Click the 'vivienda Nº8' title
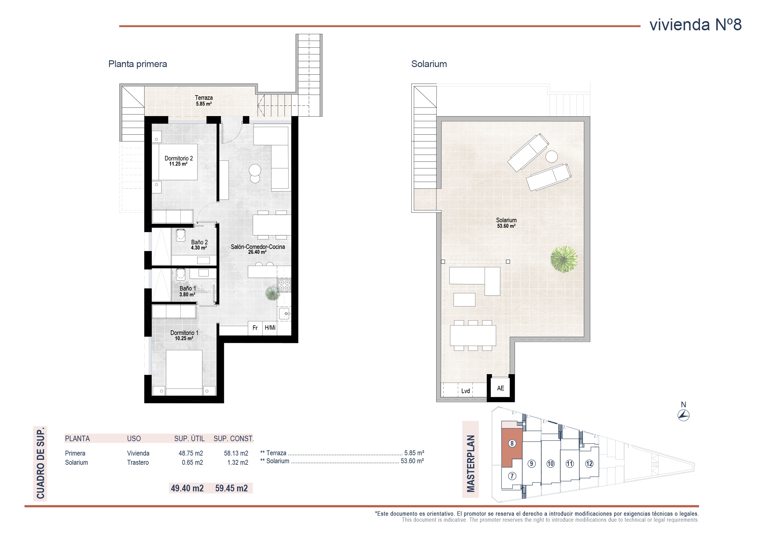(x=695, y=25)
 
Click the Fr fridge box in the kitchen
(x=255, y=328)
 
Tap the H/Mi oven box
(x=270, y=328)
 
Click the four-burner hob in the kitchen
(x=284, y=285)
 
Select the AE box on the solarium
(x=501, y=388)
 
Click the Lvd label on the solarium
(x=465, y=391)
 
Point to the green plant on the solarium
(x=564, y=259)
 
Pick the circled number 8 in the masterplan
(x=512, y=443)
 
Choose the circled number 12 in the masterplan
(x=589, y=464)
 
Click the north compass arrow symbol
(x=683, y=415)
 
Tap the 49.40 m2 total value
(x=187, y=488)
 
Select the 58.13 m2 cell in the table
(x=236, y=453)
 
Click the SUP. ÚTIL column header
(x=189, y=438)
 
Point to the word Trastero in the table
(x=138, y=463)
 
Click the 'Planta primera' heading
(x=138, y=64)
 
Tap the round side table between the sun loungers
(x=551, y=156)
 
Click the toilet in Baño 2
(x=180, y=235)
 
